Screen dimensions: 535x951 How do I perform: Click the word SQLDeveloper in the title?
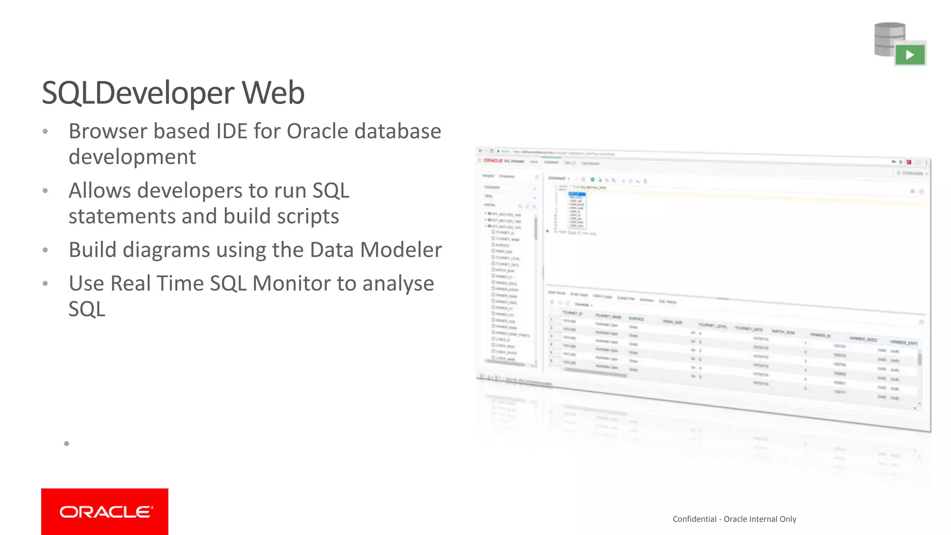[138, 93]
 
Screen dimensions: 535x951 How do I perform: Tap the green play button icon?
[910, 55]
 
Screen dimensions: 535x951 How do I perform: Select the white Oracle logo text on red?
[105, 512]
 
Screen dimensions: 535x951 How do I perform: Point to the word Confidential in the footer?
[694, 519]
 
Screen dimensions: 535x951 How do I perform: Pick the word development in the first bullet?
[132, 157]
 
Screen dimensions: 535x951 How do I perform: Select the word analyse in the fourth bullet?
[398, 283]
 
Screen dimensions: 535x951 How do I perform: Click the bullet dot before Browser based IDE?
[45, 131]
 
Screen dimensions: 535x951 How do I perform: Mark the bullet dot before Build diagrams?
[45, 250]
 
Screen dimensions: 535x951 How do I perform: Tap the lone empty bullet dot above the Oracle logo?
[66, 444]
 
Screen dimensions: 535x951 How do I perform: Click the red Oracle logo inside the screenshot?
[493, 161]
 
